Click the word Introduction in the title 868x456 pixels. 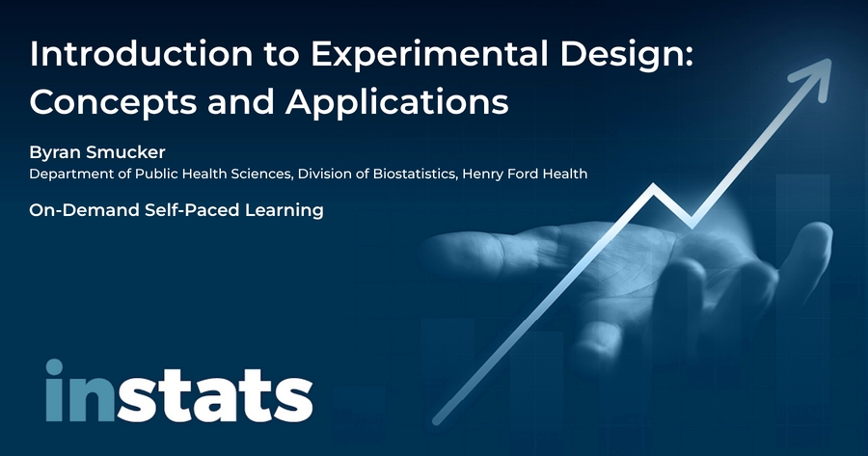coord(141,54)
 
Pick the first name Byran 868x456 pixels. coord(54,153)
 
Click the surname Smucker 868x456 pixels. coord(125,152)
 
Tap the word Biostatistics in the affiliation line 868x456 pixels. coord(415,174)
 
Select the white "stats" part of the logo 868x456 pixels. coord(214,395)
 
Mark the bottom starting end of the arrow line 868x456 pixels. coord(436,421)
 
